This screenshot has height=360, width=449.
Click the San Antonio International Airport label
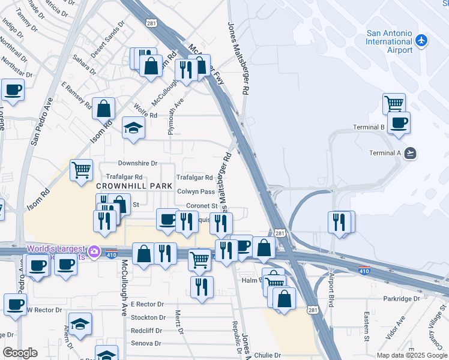pyautogui.click(x=390, y=41)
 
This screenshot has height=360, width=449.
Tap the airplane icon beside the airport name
pyautogui.click(x=421, y=40)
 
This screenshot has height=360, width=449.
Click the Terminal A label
pyautogui.click(x=385, y=152)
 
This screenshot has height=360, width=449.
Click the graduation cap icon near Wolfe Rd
pyautogui.click(x=133, y=127)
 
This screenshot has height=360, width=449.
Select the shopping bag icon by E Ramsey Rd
pyautogui.click(x=104, y=109)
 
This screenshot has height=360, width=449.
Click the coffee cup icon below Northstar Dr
pyautogui.click(x=13, y=90)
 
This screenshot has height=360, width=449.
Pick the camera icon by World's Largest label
pyautogui.click(x=94, y=251)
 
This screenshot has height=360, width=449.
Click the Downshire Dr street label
pyautogui.click(x=137, y=163)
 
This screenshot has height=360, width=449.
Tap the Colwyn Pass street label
pyautogui.click(x=196, y=191)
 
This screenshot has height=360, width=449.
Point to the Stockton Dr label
pyautogui.click(x=148, y=317)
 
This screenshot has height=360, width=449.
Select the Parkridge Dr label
pyautogui.click(x=402, y=299)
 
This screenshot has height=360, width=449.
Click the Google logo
pyautogui.click(x=20, y=353)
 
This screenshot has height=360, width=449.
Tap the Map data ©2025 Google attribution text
pyautogui.click(x=411, y=355)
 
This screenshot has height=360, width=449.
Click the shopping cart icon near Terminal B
pyautogui.click(x=394, y=103)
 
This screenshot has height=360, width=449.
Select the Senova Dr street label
pyautogui.click(x=146, y=343)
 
